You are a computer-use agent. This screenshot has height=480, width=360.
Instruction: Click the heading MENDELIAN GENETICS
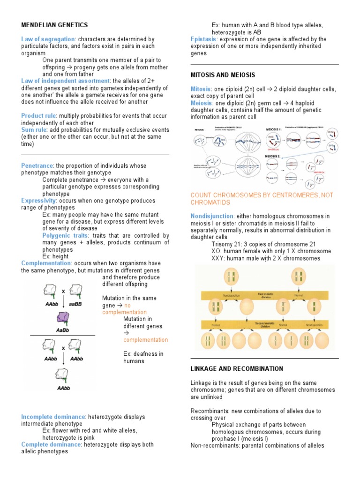pyautogui.click(x=54, y=25)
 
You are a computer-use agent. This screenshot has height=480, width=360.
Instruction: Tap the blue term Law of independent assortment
pyautogui.click(x=65, y=81)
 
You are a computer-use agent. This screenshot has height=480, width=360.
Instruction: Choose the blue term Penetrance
pyautogui.click(x=37, y=165)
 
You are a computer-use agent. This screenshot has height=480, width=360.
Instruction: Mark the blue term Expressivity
pyautogui.click(x=41, y=201)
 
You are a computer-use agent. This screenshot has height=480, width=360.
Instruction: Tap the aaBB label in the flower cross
pyautogui.click(x=76, y=303)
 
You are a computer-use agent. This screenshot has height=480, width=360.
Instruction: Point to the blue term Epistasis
pyautogui.click(x=203, y=39)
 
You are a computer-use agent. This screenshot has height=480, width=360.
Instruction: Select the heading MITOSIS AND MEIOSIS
pyautogui.click(x=223, y=75)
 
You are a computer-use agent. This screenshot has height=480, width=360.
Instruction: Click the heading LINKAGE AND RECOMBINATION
pyautogui.click(x=237, y=369)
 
